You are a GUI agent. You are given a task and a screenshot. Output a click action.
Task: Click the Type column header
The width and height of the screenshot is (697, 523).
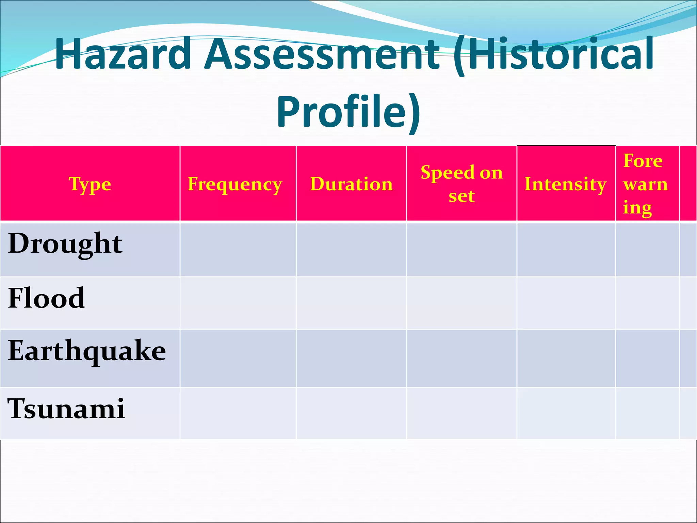(x=90, y=184)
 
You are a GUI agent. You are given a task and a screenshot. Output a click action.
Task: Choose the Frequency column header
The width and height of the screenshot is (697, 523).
(x=235, y=184)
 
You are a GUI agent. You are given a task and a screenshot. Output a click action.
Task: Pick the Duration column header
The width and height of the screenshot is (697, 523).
(x=351, y=184)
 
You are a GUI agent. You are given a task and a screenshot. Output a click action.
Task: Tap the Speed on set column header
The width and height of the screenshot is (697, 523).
(x=461, y=184)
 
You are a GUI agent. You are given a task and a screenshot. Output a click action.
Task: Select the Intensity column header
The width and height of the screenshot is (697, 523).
(x=565, y=184)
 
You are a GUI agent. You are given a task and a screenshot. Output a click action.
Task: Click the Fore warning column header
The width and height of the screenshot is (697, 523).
(x=645, y=184)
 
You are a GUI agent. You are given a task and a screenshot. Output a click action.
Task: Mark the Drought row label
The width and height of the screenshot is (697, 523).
(x=65, y=244)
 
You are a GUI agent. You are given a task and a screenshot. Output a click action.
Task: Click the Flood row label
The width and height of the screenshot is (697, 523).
(x=46, y=298)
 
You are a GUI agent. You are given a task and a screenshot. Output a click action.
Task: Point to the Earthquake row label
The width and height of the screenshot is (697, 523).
(x=87, y=351)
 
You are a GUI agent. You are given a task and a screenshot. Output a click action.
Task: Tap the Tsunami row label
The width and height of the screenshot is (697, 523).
(x=66, y=409)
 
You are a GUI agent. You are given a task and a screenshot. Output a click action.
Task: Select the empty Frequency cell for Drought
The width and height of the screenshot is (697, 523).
(x=238, y=250)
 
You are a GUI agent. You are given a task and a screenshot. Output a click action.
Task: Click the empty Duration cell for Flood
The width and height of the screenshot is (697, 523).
(x=351, y=303)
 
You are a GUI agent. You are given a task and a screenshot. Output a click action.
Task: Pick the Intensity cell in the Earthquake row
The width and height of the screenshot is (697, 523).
(x=566, y=358)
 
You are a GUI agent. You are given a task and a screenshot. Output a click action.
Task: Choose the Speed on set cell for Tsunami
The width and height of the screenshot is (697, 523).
(x=461, y=413)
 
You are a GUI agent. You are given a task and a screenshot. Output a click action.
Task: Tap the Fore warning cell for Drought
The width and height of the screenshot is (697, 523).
(x=647, y=250)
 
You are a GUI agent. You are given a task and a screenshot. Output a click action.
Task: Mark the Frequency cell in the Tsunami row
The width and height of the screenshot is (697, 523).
(x=238, y=413)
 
